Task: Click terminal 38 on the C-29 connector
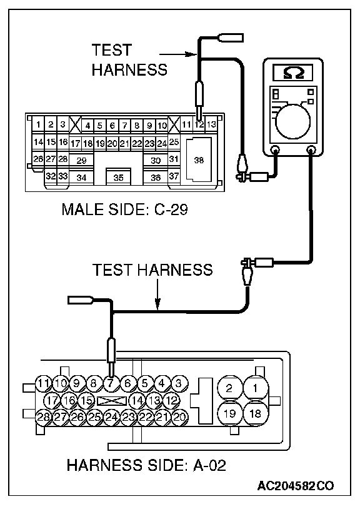199,159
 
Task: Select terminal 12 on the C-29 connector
199,124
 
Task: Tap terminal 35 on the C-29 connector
118,177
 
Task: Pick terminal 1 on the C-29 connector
38,124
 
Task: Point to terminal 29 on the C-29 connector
81,160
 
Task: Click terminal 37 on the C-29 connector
174,176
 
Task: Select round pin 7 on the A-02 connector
111,383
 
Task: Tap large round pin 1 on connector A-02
256,388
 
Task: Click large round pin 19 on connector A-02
229,413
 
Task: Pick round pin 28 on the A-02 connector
43,417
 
